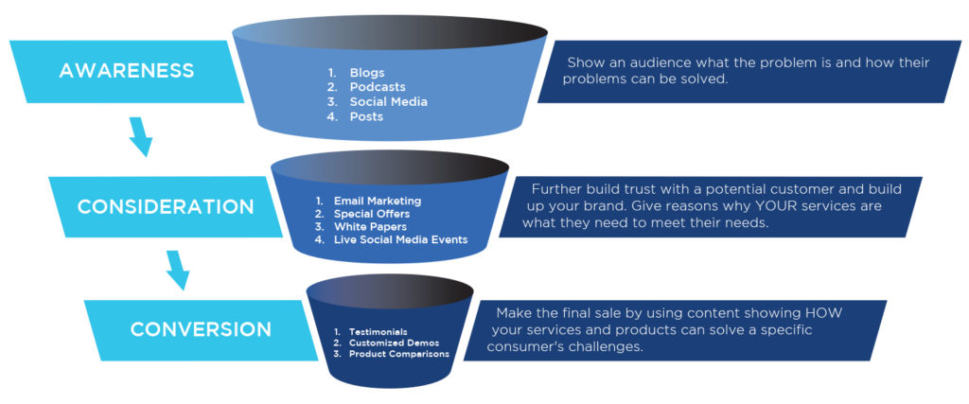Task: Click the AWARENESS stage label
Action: [126, 70]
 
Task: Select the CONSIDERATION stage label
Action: [165, 206]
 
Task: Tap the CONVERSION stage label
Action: [201, 329]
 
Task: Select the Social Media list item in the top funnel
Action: [388, 101]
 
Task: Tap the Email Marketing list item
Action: [377, 202]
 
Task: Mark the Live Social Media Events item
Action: [400, 240]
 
